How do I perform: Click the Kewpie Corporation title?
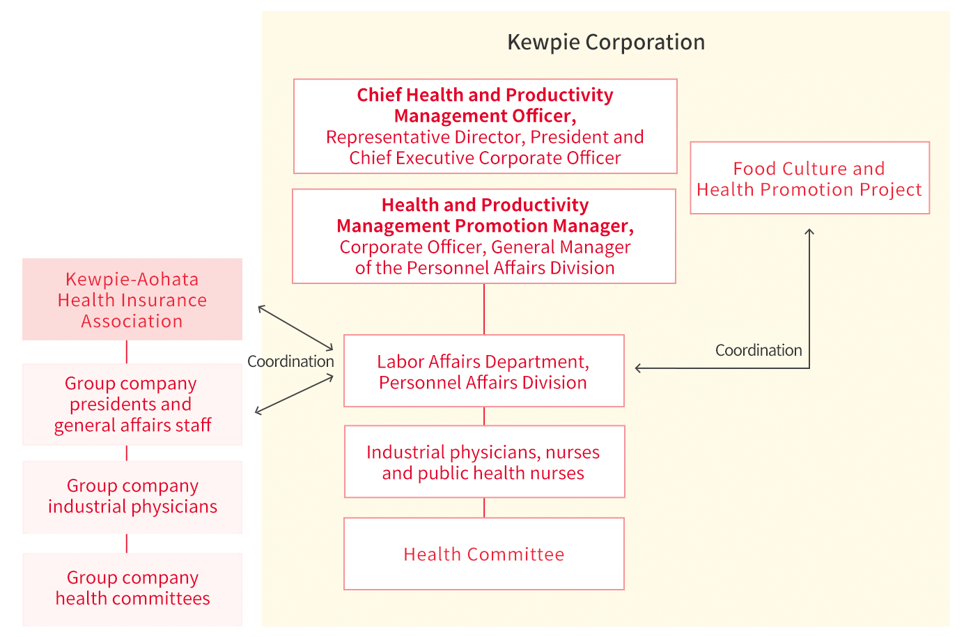point(606,42)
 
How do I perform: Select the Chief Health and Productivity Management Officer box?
point(485,126)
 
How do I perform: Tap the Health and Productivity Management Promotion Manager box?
point(484,236)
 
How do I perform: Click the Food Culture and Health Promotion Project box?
point(809,178)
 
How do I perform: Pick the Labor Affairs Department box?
point(483,371)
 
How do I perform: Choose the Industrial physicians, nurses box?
point(484,462)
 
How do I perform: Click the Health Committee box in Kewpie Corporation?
point(483,553)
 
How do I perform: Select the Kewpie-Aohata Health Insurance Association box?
point(132,299)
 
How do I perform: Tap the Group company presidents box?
point(132,404)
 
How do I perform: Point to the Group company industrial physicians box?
point(132,497)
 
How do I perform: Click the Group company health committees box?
point(132,589)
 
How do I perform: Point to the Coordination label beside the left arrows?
point(290,361)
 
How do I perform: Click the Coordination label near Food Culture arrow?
point(759,350)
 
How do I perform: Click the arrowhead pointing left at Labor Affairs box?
point(638,368)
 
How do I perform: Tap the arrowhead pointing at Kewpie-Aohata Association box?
point(261,308)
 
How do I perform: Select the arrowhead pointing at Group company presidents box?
point(258,412)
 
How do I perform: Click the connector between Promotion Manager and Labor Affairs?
point(484,309)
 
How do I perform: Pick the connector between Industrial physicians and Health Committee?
point(484,508)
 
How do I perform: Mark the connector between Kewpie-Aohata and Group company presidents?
point(127,352)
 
